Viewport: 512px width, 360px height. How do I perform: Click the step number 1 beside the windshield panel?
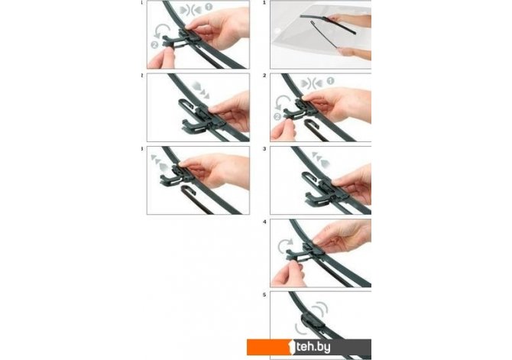tap(264, 2)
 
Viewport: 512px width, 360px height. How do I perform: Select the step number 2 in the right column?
tap(264, 76)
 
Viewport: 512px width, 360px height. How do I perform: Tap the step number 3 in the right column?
tap(264, 148)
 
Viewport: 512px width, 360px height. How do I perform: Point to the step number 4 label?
tap(264, 222)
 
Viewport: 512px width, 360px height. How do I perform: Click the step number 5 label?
tap(264, 295)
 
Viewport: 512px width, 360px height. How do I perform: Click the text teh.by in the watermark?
tap(313, 346)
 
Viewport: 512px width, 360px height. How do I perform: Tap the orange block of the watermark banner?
tap(268, 347)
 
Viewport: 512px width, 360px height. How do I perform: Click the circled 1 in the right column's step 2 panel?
tap(330, 81)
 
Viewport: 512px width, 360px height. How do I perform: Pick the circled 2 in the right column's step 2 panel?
tap(277, 117)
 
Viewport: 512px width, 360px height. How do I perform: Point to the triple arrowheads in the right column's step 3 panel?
tap(321, 160)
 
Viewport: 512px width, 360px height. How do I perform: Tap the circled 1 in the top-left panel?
tap(209, 7)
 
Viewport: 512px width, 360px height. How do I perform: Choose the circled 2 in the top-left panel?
tap(154, 45)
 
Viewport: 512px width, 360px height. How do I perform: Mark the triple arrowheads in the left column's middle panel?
tap(201, 89)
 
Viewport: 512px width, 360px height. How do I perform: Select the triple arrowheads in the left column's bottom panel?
tap(160, 163)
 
